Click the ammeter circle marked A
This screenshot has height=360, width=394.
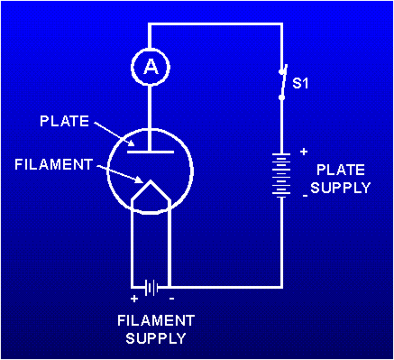click(x=149, y=65)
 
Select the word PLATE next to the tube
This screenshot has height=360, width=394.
click(x=63, y=120)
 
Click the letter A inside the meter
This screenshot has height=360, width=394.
click(x=149, y=65)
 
